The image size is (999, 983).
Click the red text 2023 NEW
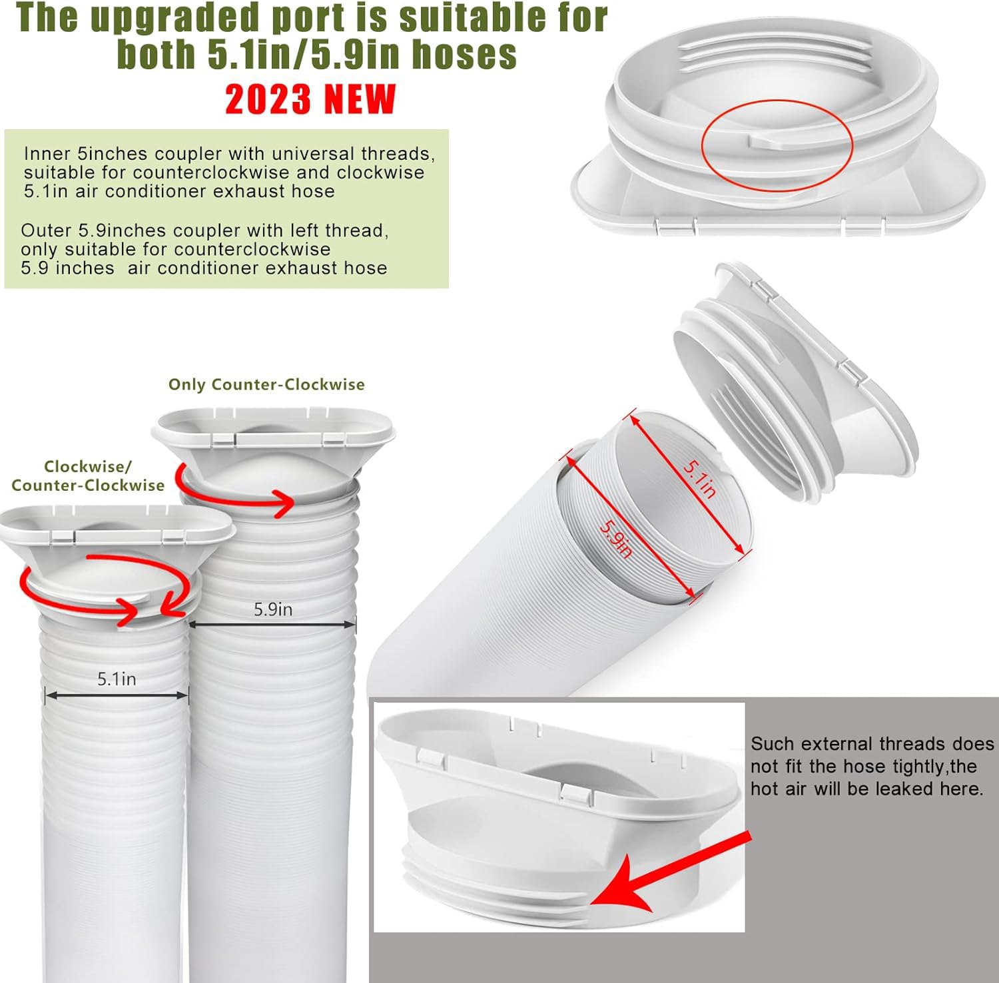click(310, 100)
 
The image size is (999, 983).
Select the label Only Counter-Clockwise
click(266, 384)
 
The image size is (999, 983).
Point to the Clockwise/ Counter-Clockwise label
click(88, 476)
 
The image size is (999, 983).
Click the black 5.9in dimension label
click(273, 609)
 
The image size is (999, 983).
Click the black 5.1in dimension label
click(117, 679)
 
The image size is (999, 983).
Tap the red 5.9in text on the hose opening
click(615, 539)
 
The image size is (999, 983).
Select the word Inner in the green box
click(48, 154)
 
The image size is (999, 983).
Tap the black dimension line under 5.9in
click(273, 625)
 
